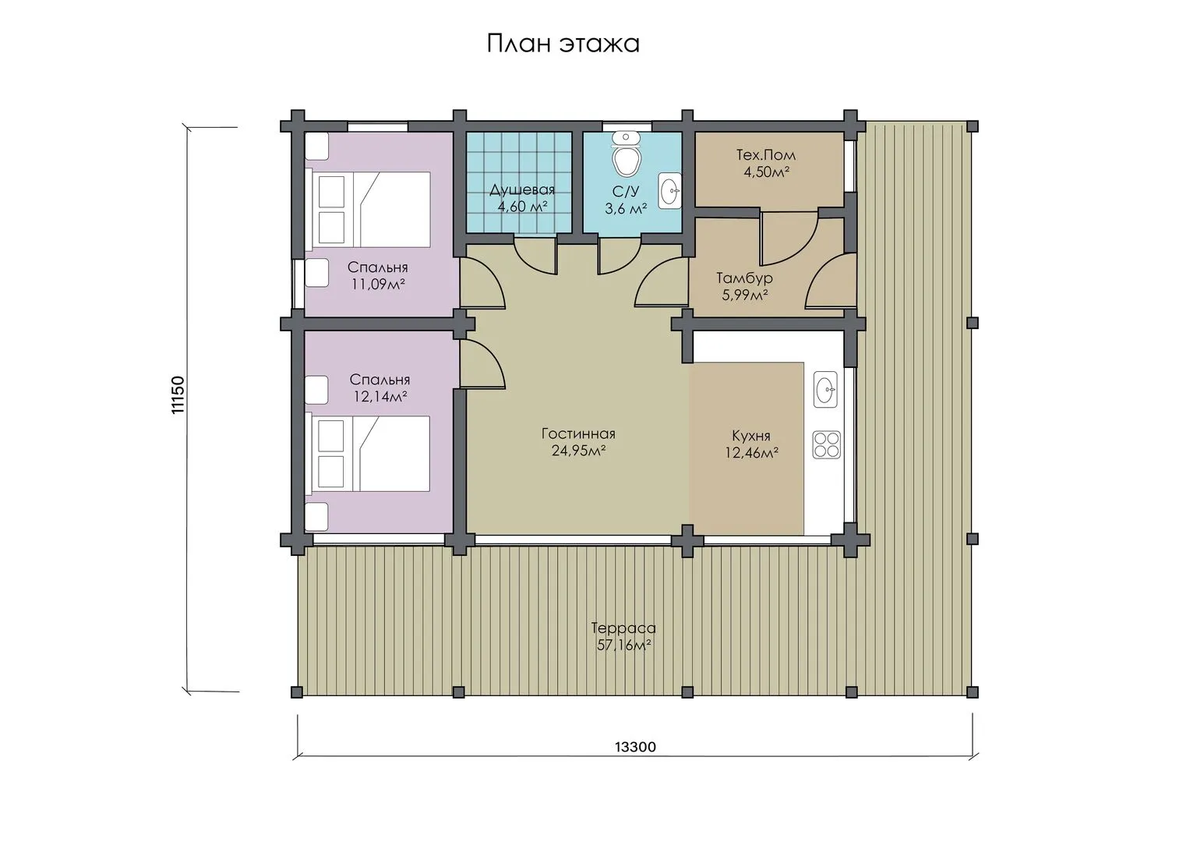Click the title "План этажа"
point(563,44)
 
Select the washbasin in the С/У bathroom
point(670,189)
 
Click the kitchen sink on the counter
point(825,390)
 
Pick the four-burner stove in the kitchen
point(827,445)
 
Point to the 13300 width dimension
point(635,747)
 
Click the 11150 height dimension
point(178,394)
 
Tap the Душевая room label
point(522,189)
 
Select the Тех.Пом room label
point(766,155)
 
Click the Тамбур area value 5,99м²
point(745,295)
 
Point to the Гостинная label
point(578,433)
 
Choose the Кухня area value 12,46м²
point(752,453)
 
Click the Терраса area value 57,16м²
point(623,646)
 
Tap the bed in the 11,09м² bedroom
point(368,209)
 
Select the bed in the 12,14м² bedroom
point(368,454)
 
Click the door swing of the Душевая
point(535,256)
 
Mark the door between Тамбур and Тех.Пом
point(789,238)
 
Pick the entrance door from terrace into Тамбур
point(830,281)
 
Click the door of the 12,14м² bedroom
point(482,363)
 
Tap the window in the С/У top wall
point(627,126)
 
